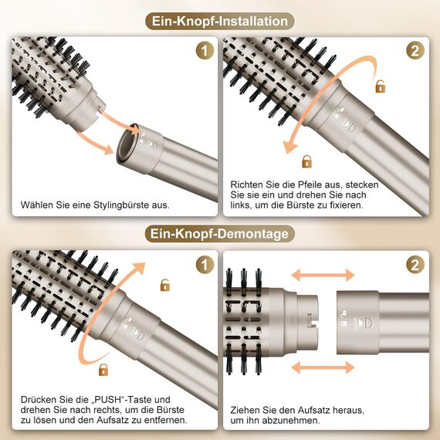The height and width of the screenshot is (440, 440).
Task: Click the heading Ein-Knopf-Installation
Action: coord(219,21)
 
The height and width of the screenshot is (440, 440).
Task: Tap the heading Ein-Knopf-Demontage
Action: coord(219,233)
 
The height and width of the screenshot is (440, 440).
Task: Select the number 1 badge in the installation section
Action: coord(205,52)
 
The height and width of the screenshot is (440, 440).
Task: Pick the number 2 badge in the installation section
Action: coord(415,52)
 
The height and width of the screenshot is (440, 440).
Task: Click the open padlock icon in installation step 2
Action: coord(380,87)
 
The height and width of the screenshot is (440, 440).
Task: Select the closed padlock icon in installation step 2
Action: coord(306,161)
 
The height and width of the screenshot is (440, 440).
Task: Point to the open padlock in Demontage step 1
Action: coord(164,286)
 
